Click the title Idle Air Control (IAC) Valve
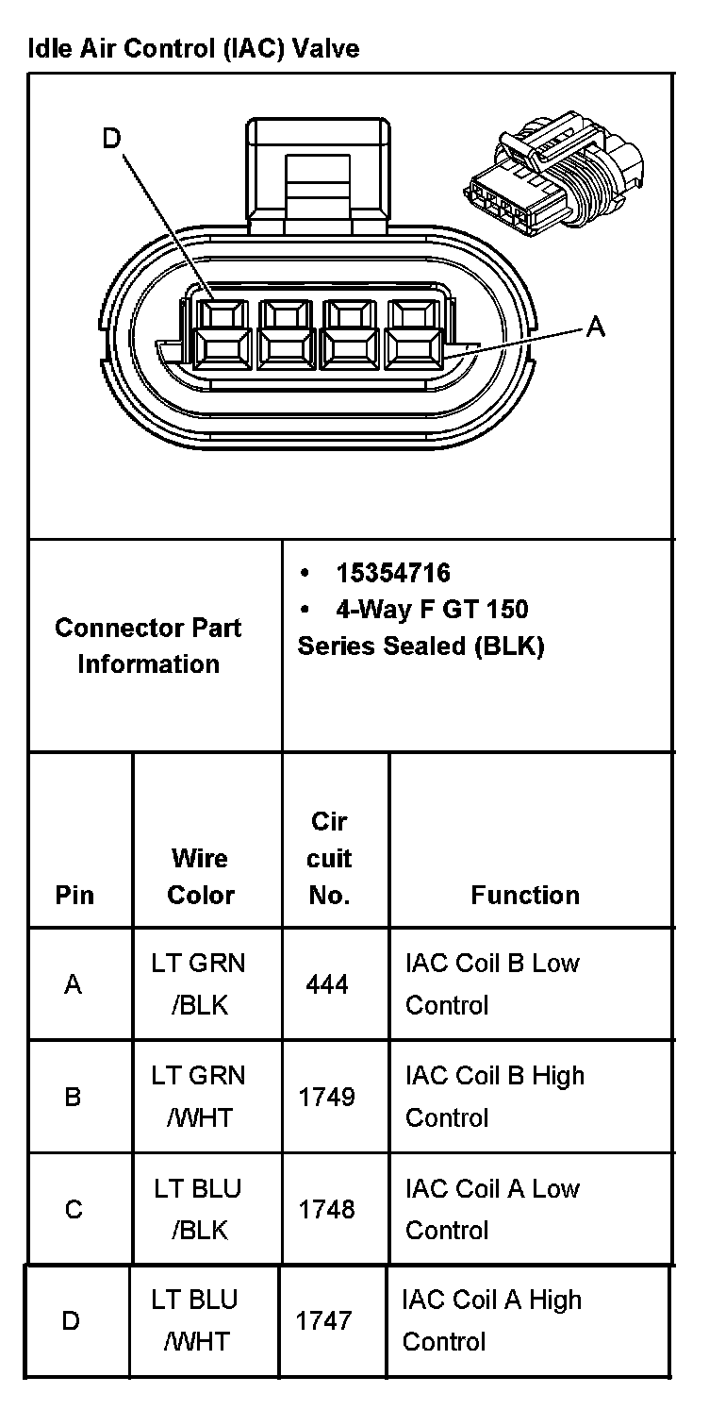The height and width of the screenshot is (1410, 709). pos(194,48)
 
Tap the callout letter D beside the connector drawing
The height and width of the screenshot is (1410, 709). pos(111,139)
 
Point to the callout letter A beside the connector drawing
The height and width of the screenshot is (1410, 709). pos(595,327)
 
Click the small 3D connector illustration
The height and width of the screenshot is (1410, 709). pos(553,174)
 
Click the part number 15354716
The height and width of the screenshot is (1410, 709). pos(393,573)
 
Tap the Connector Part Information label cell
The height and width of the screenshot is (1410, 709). pos(148,646)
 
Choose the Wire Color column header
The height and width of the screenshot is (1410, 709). pos(201,876)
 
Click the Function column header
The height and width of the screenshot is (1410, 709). pos(525,895)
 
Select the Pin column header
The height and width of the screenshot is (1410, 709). pos(74,895)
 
